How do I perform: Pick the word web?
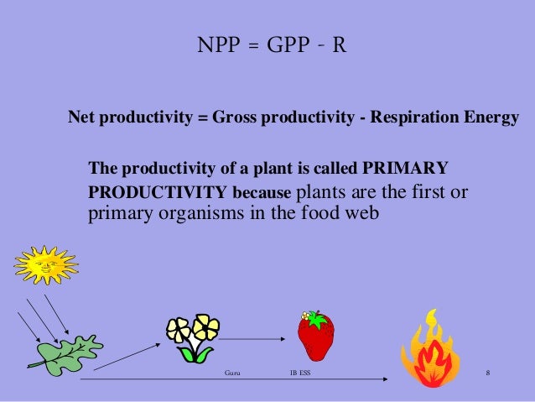pyautogui.click(x=363, y=213)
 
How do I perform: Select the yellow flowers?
pyautogui.click(x=193, y=337)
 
